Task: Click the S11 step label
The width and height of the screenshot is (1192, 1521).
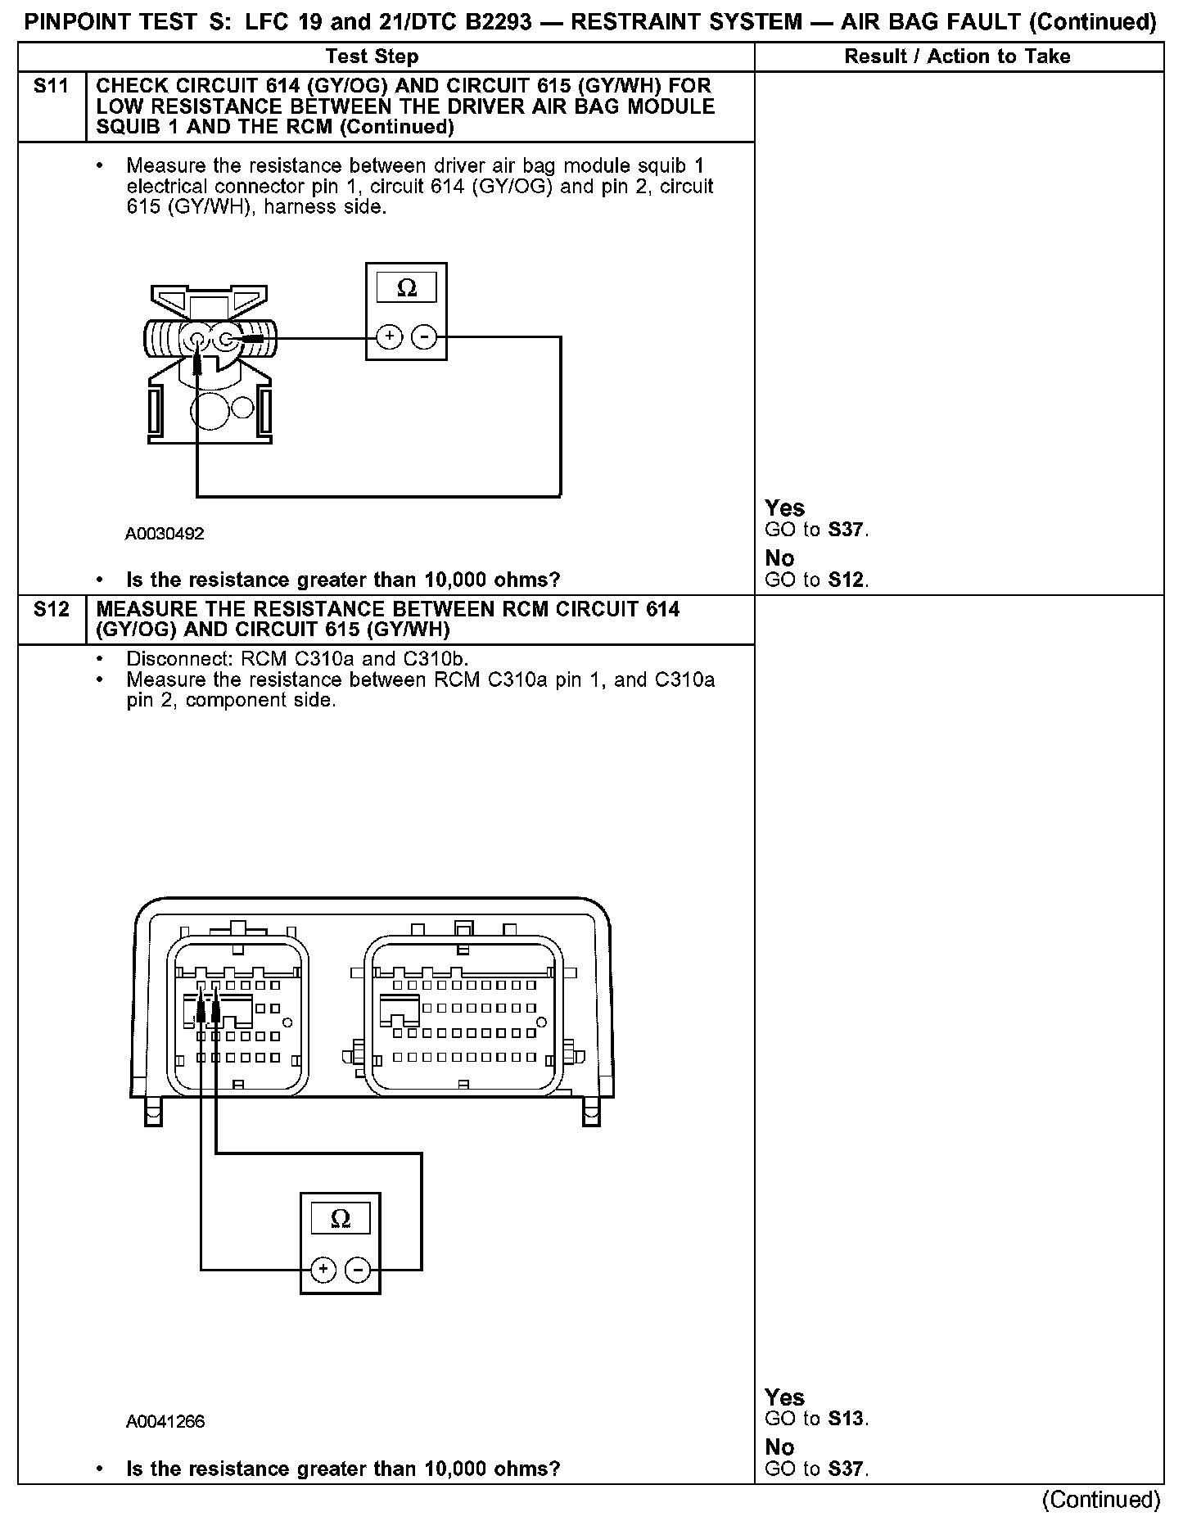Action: click(x=51, y=86)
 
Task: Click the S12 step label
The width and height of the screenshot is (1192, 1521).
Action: click(x=51, y=610)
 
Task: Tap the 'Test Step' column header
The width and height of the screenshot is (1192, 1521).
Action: click(x=372, y=56)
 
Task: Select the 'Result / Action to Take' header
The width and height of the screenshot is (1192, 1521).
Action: click(x=957, y=56)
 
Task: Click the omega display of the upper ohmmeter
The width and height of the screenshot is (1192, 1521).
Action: click(x=406, y=288)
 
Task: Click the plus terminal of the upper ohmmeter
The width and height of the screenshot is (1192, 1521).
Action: click(x=390, y=336)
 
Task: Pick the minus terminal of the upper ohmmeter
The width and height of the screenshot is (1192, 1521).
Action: click(x=423, y=336)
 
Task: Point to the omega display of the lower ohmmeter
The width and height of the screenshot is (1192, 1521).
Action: click(x=341, y=1219)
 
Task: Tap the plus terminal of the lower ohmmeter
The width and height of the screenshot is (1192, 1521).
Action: click(x=323, y=1270)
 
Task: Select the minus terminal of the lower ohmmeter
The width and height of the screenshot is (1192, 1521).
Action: click(x=358, y=1270)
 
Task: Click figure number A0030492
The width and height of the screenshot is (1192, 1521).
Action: click(x=165, y=534)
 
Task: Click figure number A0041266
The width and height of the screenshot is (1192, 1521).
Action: click(x=165, y=1422)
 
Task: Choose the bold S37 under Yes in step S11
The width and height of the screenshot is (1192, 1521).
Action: click(x=846, y=530)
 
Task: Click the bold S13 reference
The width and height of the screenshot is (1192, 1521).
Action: click(x=846, y=1419)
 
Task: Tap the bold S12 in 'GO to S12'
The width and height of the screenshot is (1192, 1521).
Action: click(x=846, y=580)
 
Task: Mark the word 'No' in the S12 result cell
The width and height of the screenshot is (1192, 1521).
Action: click(x=779, y=1447)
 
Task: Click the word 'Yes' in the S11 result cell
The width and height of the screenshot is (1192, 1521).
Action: click(x=784, y=508)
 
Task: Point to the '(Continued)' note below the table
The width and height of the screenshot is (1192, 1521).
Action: click(x=1101, y=1500)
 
